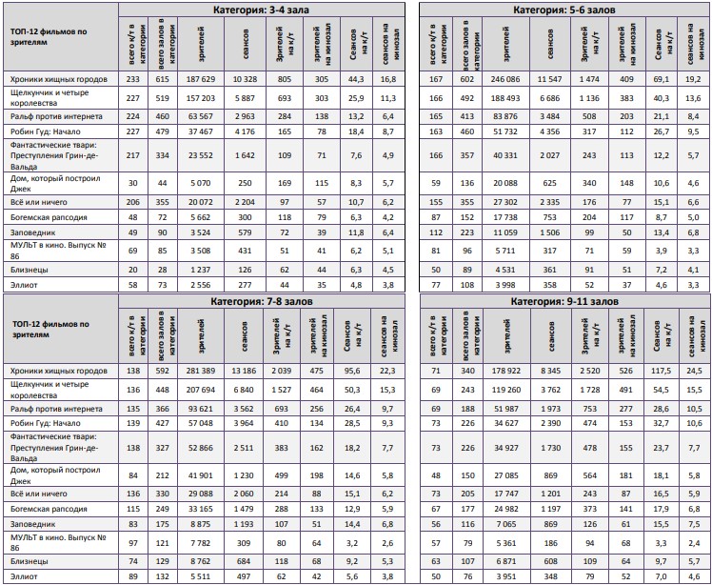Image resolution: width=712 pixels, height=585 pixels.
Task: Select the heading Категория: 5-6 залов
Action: coord(564,9)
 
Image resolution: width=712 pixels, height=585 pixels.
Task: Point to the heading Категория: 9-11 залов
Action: coord(564,301)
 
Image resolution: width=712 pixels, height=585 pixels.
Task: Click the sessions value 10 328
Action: coord(245,80)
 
